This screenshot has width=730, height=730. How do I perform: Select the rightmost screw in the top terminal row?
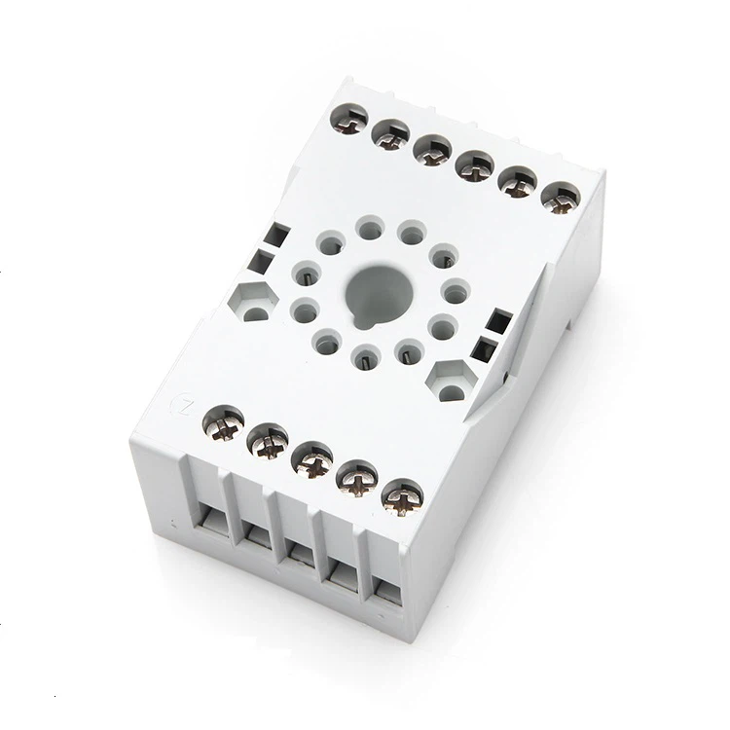556,198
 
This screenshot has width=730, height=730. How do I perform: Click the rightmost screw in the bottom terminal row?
399,497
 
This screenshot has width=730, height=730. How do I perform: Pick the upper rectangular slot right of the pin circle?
500,320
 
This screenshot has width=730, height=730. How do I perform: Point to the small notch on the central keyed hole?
361,315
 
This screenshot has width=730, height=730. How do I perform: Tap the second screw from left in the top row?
391,132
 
